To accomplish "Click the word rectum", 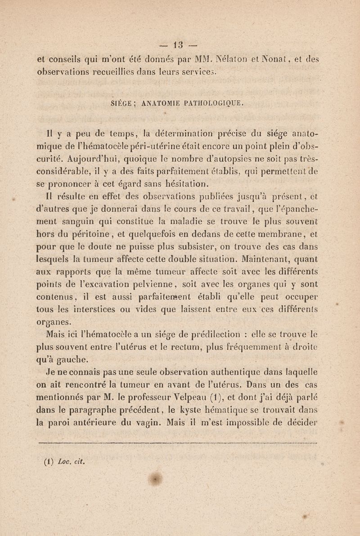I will click(x=187, y=347).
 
